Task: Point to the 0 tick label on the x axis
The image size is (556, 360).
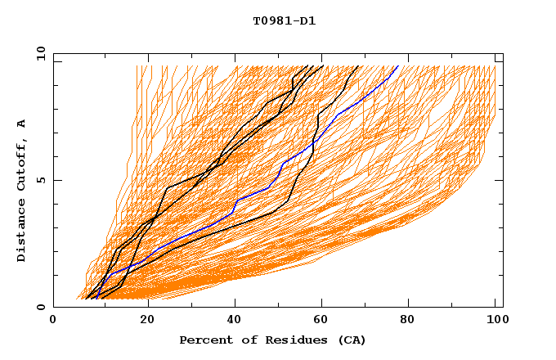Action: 53,321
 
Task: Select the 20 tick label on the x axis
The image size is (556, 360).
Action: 148,321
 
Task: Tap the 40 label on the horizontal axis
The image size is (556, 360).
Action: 236,321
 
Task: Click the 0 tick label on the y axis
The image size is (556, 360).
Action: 40,308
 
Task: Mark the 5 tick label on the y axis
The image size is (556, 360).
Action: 40,180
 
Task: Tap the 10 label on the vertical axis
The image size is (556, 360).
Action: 40,53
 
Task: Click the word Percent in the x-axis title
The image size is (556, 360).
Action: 204,340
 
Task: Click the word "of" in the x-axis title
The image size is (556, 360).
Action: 241,340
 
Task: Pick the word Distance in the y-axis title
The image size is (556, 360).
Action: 22,231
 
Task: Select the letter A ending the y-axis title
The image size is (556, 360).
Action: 22,123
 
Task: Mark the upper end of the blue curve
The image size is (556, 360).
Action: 398,66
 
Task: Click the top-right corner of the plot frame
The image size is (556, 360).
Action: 503,53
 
